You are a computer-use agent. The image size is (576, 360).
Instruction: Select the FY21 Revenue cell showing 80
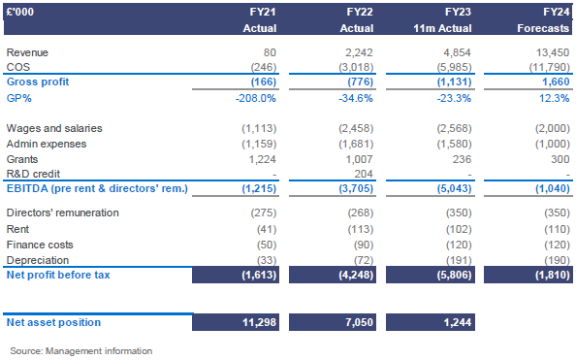point(269,52)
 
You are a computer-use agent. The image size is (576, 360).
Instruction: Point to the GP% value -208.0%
point(258,98)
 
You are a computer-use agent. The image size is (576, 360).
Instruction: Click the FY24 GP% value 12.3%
point(552,98)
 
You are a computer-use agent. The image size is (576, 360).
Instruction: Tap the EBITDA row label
point(96,188)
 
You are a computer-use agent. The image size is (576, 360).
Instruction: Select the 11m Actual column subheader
point(444,28)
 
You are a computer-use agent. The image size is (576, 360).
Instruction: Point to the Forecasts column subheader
point(543,28)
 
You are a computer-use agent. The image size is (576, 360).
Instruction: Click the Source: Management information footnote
point(80,349)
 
